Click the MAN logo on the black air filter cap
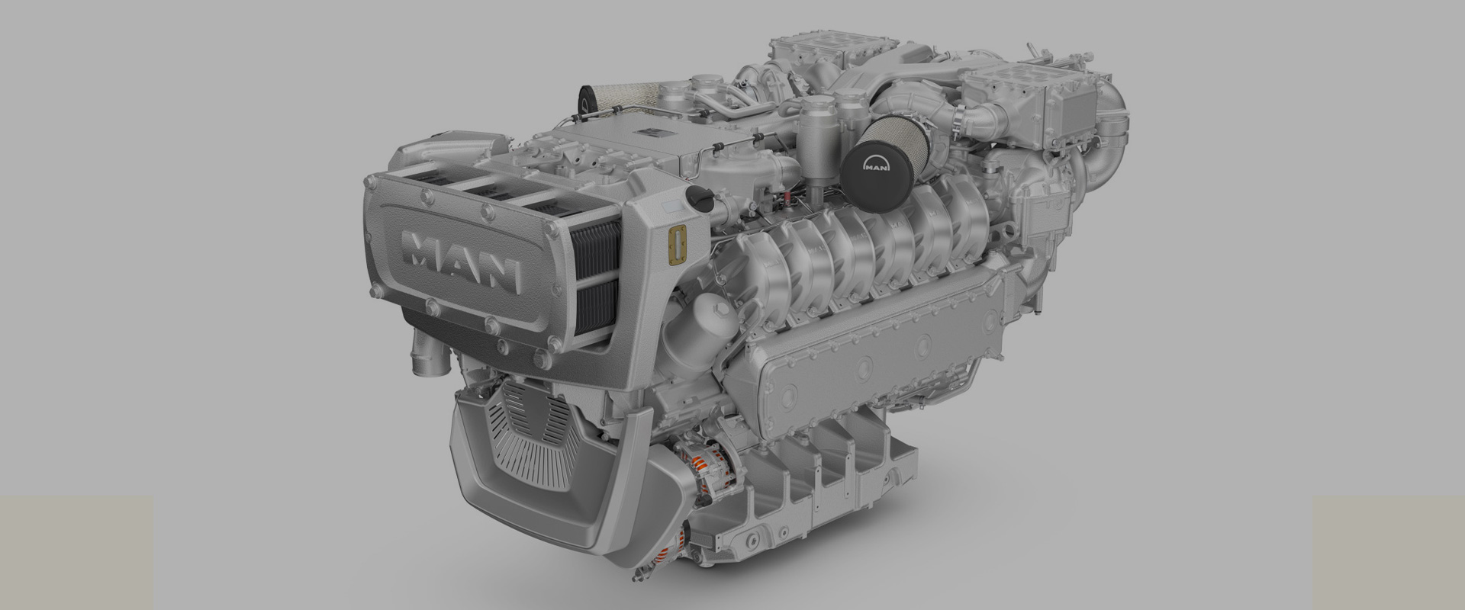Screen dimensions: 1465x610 click(871, 163)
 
